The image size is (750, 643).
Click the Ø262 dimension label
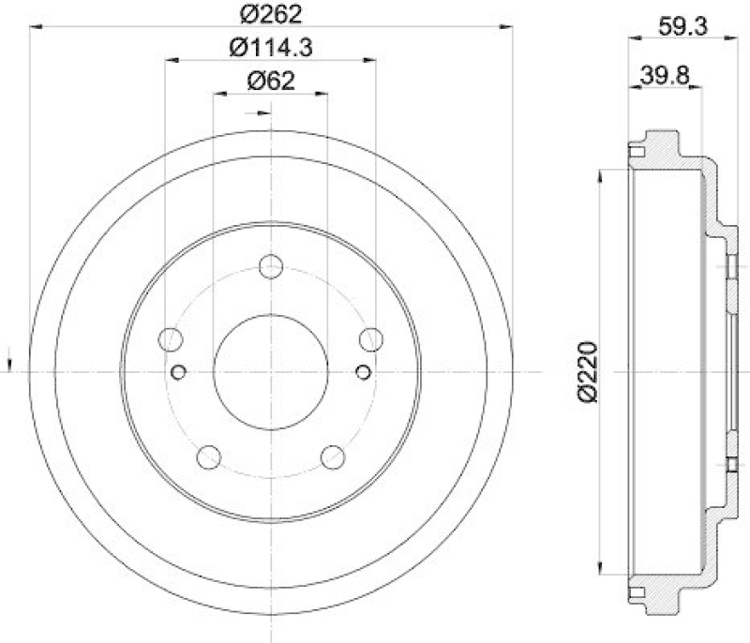271,14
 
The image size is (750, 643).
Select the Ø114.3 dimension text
271,48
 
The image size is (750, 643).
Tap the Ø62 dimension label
271,81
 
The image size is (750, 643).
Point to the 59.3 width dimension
682,26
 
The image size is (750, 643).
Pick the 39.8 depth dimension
665,76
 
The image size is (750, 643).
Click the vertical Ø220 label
588,372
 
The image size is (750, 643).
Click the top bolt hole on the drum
271,267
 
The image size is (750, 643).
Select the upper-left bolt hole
171,339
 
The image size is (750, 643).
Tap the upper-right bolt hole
371,339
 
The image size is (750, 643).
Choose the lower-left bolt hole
208,457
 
